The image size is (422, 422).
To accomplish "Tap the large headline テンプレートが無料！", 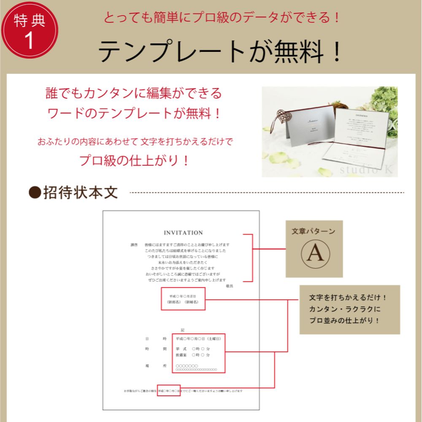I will pos(220,52).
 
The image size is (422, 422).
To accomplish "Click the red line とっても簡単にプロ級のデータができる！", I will pos(222,18).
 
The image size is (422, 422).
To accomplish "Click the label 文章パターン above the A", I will pos(314,231).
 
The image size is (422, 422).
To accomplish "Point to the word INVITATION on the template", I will pos(183,233).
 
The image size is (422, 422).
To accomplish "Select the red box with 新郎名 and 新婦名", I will pos(183,299).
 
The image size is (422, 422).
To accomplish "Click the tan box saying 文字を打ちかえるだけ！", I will pos(349,309).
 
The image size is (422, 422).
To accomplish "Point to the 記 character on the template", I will pos(182,330).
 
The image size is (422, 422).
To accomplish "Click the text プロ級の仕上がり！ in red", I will pos(134,160).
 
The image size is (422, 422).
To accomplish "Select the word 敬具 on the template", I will pos(229,286).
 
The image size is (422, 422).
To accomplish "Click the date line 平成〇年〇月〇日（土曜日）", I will pos(198,339).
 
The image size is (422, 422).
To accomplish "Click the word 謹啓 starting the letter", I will pos(134,245).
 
